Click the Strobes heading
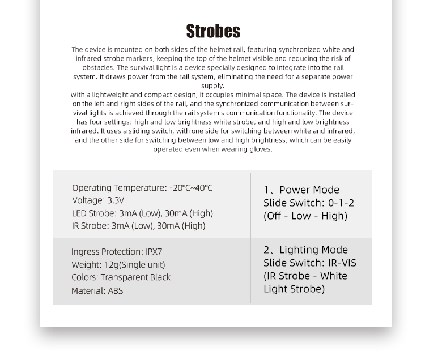coord(212,31)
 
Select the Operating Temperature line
coord(142,188)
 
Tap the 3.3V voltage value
coord(115,200)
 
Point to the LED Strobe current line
coord(142,213)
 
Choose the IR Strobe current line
coord(138,226)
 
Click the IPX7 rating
coord(154,252)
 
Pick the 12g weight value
coord(111,265)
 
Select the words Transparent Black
coord(135,277)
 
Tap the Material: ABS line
coord(97,291)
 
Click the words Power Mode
coord(309,190)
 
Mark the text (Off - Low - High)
coord(305,216)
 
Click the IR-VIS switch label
coord(342,263)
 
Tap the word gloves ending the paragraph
coord(260,149)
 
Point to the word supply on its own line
coord(212,85)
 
